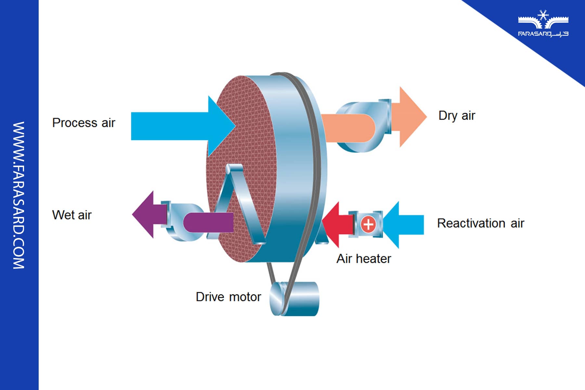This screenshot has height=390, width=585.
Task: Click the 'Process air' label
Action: point(84,123)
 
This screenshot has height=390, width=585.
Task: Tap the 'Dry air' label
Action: point(457,116)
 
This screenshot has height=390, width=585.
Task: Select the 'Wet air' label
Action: point(72,215)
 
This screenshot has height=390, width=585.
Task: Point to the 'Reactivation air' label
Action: point(480,223)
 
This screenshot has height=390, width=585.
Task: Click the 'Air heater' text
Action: point(364,259)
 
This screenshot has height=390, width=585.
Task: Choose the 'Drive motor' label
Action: point(228,297)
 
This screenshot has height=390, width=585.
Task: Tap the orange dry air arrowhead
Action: point(411,117)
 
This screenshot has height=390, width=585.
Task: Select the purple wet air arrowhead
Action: point(145,214)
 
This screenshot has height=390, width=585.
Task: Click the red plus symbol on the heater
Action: point(368,224)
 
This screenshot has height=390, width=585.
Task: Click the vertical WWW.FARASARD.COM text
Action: point(19,195)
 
